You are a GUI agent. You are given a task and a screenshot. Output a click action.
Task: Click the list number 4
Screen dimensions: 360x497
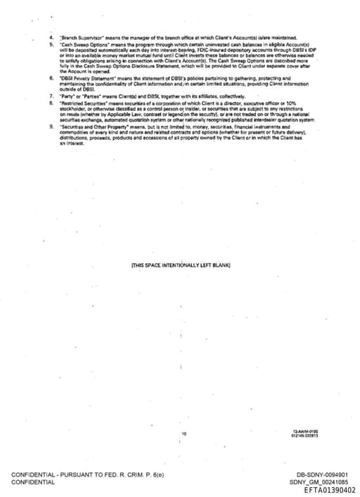pyautogui.click(x=51, y=37)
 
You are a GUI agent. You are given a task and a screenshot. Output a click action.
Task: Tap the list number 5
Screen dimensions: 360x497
pyautogui.click(x=51, y=44)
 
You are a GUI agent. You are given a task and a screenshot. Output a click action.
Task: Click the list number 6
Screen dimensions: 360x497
pyautogui.click(x=51, y=78)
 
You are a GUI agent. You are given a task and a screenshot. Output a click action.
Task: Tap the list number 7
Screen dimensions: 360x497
pyautogui.click(x=51, y=95)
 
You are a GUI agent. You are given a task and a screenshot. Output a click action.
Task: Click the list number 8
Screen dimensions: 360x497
pyautogui.click(x=51, y=102)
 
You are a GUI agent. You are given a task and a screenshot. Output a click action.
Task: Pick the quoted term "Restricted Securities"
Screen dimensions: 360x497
pyautogui.click(x=83, y=102)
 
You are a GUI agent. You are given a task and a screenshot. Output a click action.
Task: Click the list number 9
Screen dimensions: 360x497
pyautogui.click(x=51, y=125)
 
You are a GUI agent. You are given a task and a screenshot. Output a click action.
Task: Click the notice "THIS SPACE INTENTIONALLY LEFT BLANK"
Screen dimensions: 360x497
pyautogui.click(x=181, y=265)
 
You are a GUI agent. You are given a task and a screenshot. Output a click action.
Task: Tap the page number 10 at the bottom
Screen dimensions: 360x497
pyautogui.click(x=184, y=434)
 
